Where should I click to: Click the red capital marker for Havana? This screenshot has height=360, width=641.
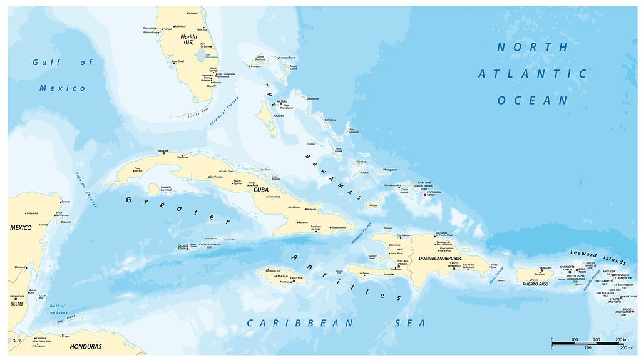pos(164,153)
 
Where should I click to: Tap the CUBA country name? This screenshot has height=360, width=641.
pos(260,189)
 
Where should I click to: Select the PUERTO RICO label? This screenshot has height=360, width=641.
pos(535,284)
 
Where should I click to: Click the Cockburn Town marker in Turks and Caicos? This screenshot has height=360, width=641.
pos(426,195)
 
